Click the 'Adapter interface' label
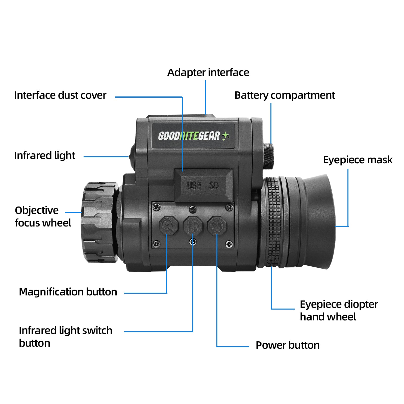pos(208,72)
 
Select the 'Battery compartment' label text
pos(285,95)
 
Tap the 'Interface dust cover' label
pos(60,95)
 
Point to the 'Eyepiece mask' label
pos(358,160)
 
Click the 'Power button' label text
pos(287,345)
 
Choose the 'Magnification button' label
pos(68,292)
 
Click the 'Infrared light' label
pos(45,156)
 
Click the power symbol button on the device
pos(217,225)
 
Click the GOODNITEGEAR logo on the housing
pos(189,136)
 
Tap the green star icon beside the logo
pos(225,136)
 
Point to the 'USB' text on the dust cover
pos(194,186)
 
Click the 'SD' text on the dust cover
pos(214,186)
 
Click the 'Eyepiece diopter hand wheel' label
pos(338,311)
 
